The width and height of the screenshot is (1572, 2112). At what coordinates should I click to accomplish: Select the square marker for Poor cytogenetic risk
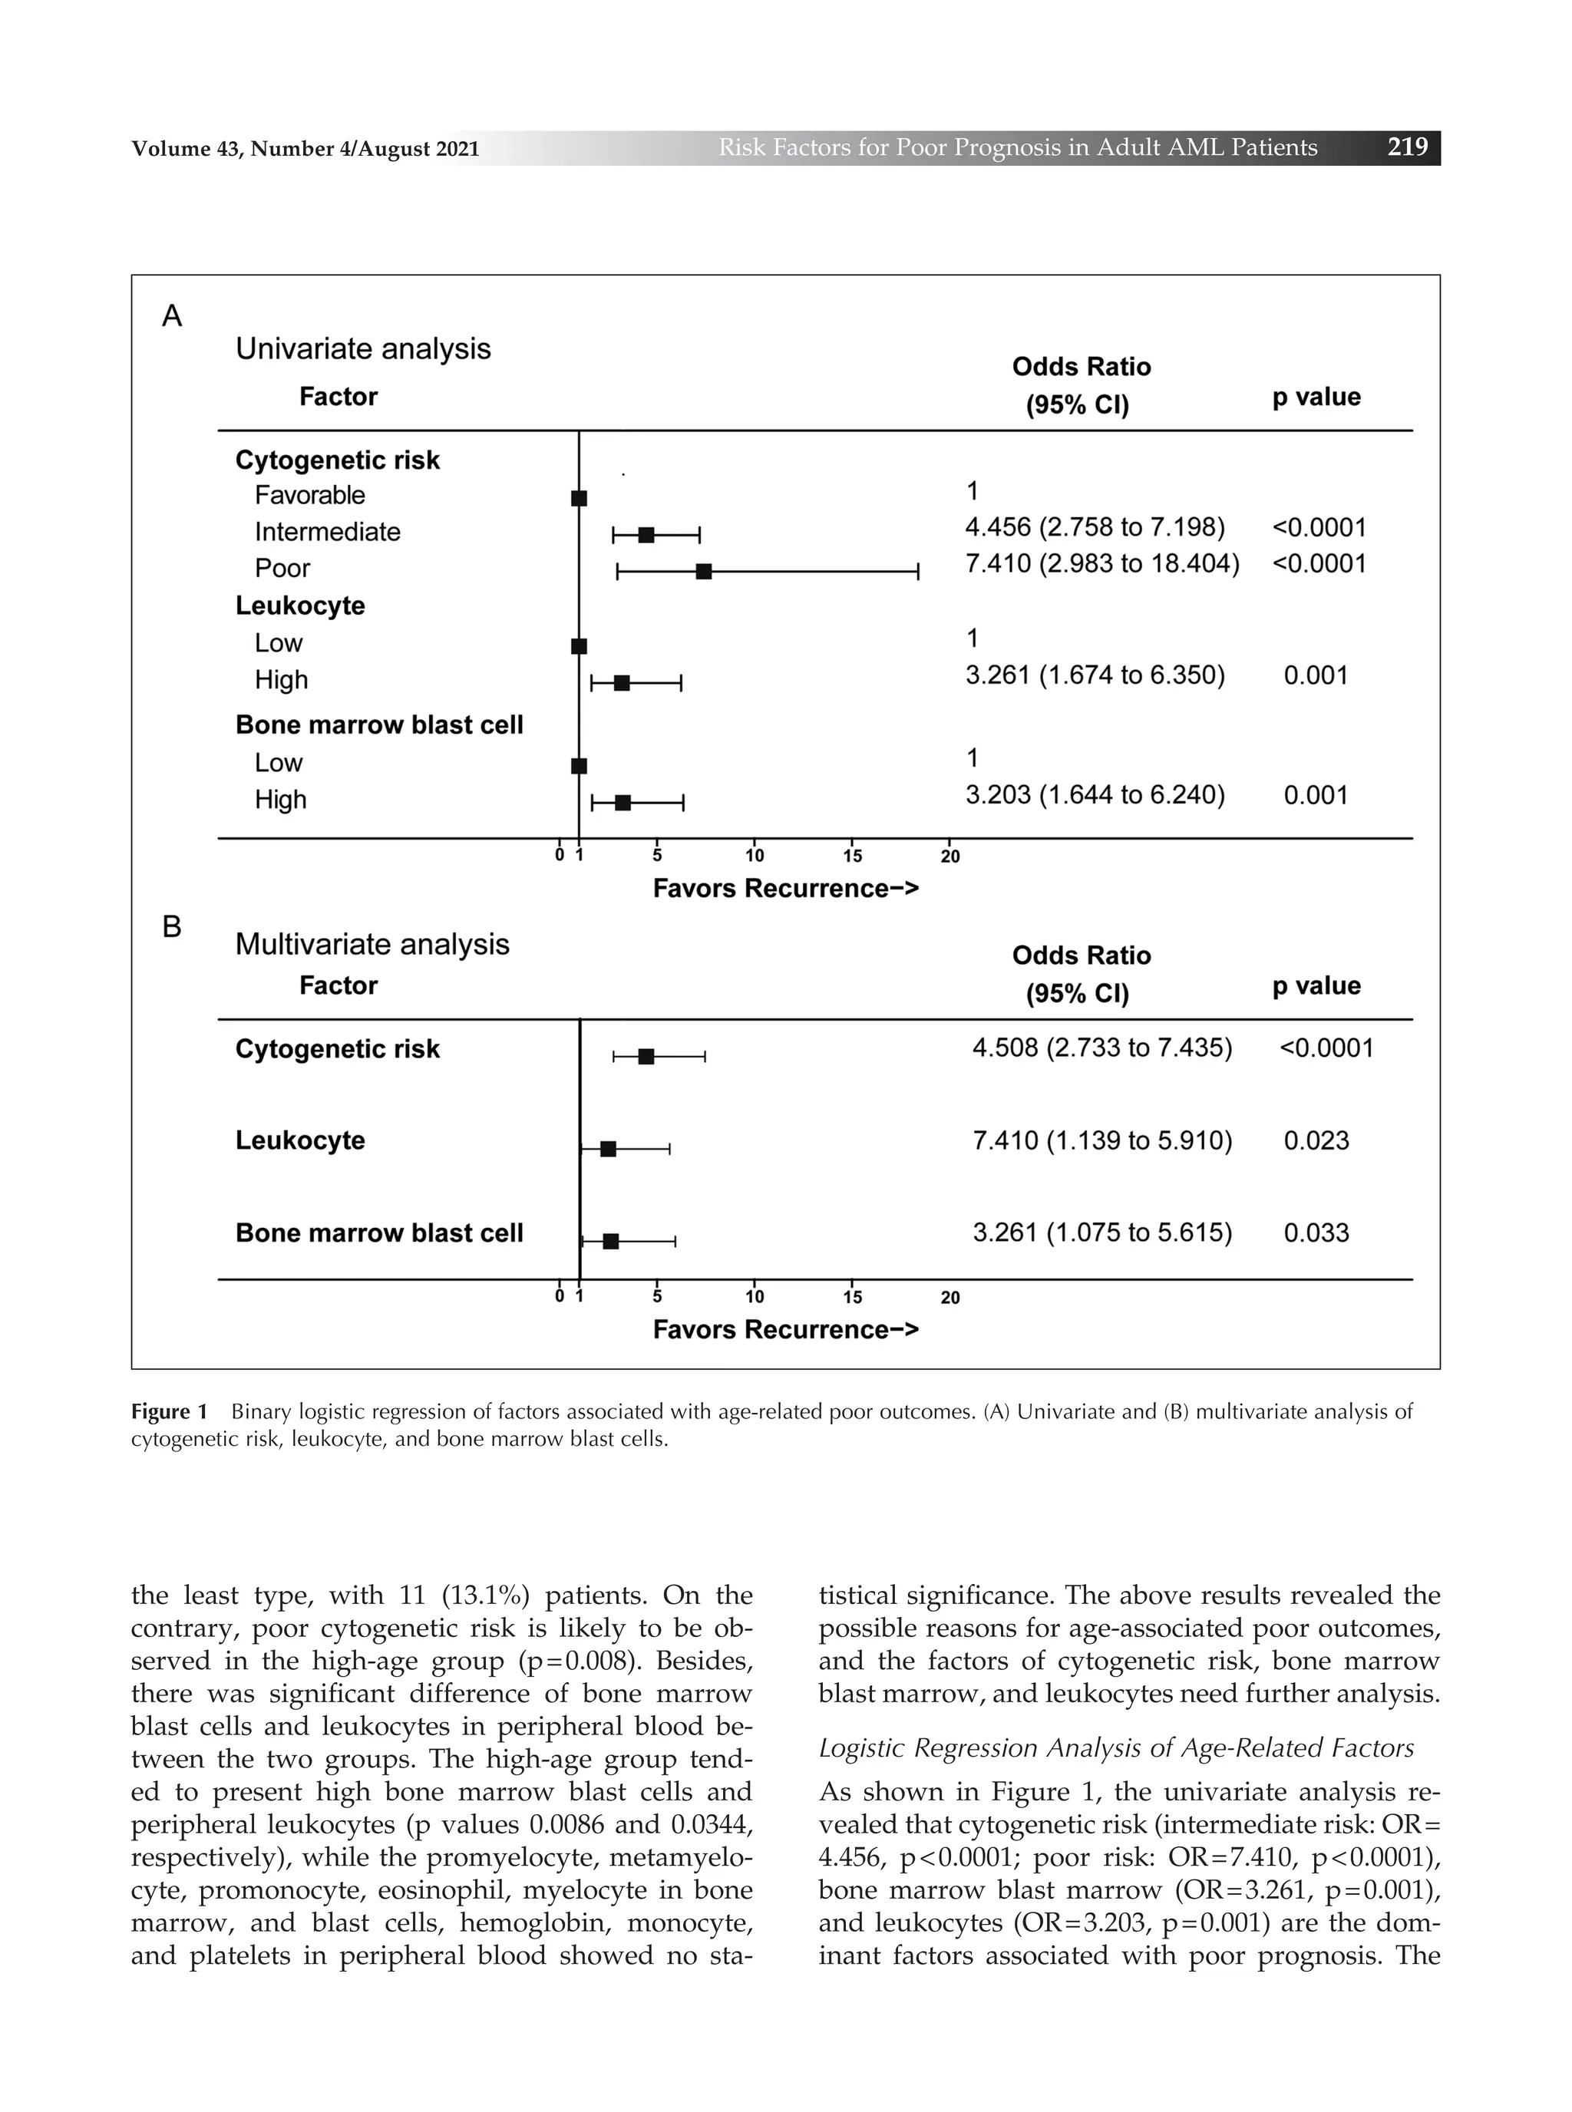click(x=703, y=571)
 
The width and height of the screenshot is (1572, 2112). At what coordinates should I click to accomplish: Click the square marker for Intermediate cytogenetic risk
click(x=646, y=535)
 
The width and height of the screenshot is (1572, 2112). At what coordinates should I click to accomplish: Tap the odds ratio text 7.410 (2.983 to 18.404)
click(x=1102, y=563)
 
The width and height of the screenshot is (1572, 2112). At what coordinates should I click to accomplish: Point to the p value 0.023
click(x=1316, y=1140)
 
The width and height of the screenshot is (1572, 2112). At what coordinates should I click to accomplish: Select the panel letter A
click(x=171, y=316)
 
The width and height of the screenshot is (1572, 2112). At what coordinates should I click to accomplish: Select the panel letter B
click(x=171, y=926)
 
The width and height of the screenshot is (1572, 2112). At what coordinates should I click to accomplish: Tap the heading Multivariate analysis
click(x=372, y=944)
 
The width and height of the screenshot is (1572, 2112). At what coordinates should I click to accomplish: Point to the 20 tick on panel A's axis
click(x=949, y=856)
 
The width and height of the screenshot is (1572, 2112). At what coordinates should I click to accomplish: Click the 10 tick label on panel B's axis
click(x=754, y=1297)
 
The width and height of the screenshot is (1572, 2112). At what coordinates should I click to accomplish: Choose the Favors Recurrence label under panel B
click(x=785, y=1329)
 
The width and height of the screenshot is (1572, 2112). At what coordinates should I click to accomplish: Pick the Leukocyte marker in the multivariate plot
click(x=608, y=1148)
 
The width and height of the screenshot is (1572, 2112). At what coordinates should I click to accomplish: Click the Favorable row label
click(x=309, y=495)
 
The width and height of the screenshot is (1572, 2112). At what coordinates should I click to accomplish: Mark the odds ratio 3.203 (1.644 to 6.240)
click(x=1095, y=794)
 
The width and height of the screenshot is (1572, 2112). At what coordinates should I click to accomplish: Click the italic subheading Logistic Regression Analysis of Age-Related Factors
click(x=1116, y=1747)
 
